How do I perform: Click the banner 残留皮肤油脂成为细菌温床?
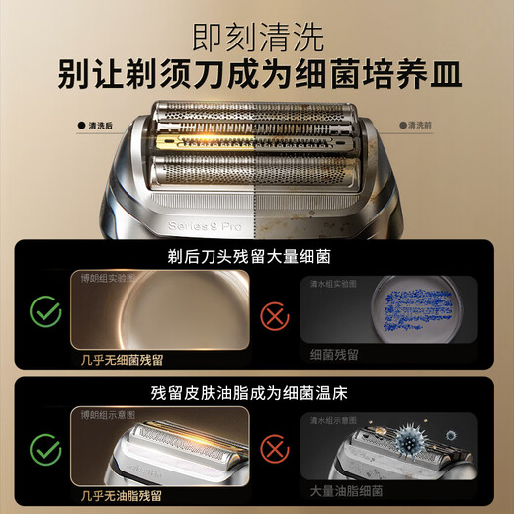click(x=257, y=393)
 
